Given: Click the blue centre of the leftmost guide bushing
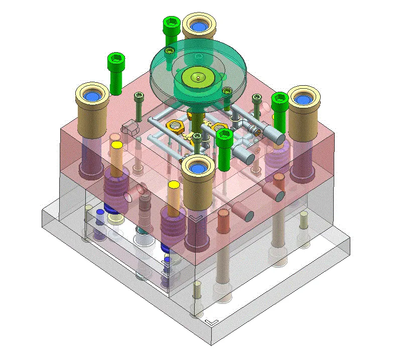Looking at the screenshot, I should coord(92,95).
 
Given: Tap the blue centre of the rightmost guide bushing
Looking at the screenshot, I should coord(303,99).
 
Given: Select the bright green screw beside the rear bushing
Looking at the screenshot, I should coord(171,30).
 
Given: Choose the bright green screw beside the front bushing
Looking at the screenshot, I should coord(224,148).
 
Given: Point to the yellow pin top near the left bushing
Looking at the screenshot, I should coord(117,145).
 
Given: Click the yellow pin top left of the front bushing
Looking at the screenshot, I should coord(174,185).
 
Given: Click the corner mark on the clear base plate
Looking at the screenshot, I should coord(211,319).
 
